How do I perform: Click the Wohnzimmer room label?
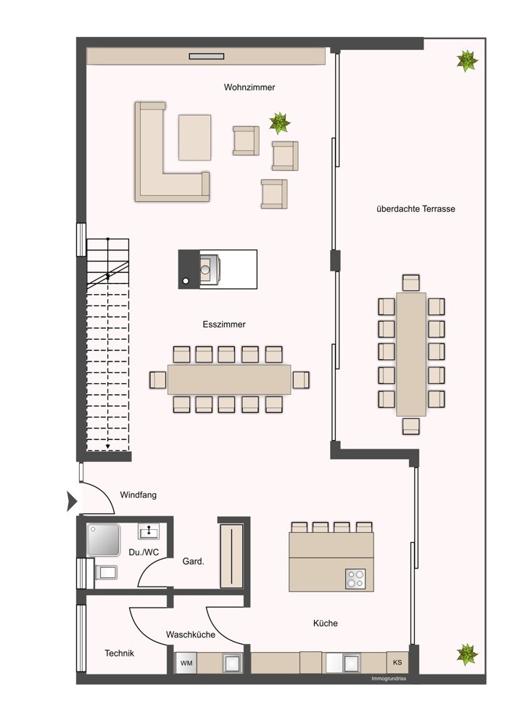click(x=249, y=87)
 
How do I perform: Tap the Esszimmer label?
click(x=224, y=324)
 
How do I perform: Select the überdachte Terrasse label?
click(x=416, y=209)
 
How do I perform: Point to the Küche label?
click(x=325, y=623)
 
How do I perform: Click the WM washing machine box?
click(x=186, y=663)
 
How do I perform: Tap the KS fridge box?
click(x=397, y=663)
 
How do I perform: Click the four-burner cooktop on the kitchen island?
click(x=355, y=579)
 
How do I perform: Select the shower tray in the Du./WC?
click(x=104, y=540)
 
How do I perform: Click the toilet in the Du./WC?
click(x=105, y=573)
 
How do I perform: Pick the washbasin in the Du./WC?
click(x=149, y=531)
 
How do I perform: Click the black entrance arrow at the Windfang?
click(x=72, y=501)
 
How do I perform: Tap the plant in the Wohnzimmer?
click(x=280, y=123)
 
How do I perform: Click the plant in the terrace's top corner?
click(x=467, y=61)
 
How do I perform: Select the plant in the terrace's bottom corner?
click(x=467, y=654)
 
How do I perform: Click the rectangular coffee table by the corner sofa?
click(x=194, y=137)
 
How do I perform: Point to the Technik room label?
click(x=120, y=653)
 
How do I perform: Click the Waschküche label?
click(x=191, y=635)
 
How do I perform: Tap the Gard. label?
click(x=194, y=561)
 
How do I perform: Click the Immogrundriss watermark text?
click(x=389, y=679)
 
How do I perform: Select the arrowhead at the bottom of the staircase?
click(x=108, y=446)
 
